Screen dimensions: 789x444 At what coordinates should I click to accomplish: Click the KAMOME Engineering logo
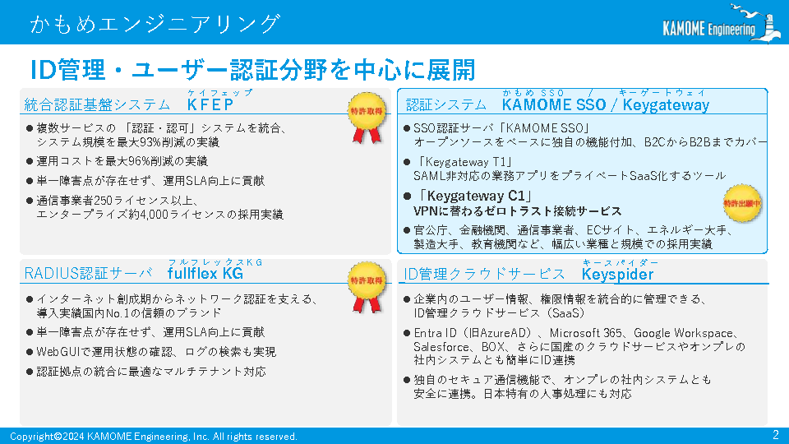[x=722, y=23]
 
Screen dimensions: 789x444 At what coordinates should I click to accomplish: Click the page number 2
[x=775, y=434]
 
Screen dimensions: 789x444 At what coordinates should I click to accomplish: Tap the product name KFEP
[x=210, y=104]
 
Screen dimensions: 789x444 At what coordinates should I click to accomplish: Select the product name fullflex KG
[x=205, y=273]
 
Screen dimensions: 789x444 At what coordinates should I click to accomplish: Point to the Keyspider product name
[x=617, y=275]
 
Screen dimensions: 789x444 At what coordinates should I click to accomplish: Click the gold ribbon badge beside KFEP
[x=367, y=118]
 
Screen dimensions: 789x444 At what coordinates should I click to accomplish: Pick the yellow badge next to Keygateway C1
[x=741, y=203]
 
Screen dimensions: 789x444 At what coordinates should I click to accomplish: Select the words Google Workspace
[x=683, y=333]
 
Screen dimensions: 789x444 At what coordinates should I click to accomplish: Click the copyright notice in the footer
[x=154, y=437]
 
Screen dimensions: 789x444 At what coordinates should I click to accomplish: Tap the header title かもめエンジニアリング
[x=155, y=24]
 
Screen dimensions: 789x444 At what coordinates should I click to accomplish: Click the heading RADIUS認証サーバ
[x=88, y=273]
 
